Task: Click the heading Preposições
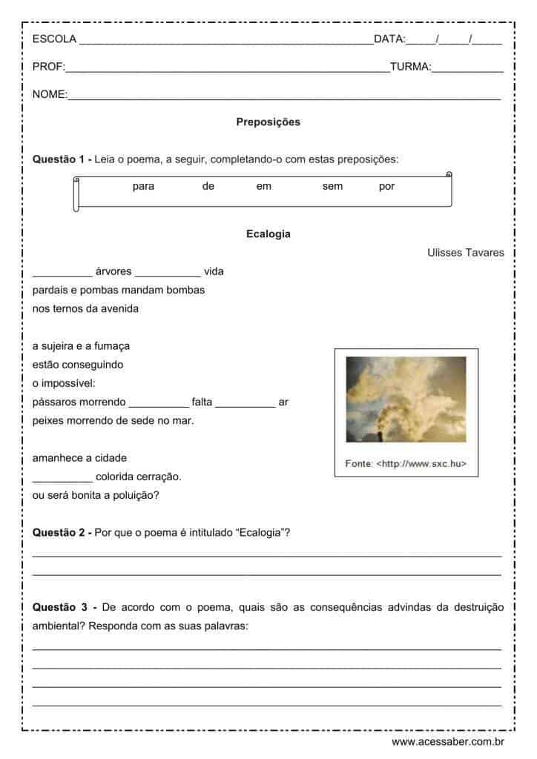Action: (268, 122)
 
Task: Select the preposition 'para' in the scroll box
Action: (143, 187)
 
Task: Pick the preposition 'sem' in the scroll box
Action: (332, 187)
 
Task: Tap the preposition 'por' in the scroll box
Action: (386, 187)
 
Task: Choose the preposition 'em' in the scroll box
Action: (264, 187)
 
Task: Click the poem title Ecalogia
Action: (268, 234)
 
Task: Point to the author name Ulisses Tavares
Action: (465, 253)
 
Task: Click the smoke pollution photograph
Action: (406, 400)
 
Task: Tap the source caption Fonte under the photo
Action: (406, 464)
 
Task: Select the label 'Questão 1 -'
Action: (62, 159)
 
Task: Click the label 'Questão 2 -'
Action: (62, 532)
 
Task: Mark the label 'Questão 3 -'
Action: (65, 607)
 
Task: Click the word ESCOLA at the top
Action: (54, 39)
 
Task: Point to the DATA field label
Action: (389, 39)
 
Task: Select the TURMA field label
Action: (410, 67)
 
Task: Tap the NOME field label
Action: (50, 95)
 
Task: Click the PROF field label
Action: (48, 67)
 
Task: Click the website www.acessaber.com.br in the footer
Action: (448, 741)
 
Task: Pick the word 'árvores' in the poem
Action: (113, 271)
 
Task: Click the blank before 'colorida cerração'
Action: (62, 477)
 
